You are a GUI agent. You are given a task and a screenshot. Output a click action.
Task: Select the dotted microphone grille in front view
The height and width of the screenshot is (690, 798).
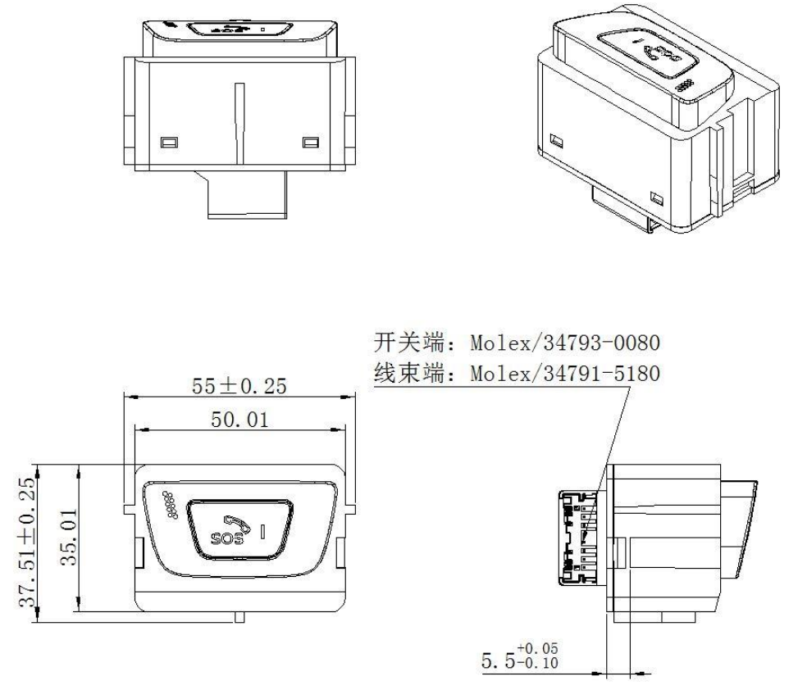tap(172, 505)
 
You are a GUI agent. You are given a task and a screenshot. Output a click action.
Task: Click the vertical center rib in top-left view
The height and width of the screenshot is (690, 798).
tap(239, 119)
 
